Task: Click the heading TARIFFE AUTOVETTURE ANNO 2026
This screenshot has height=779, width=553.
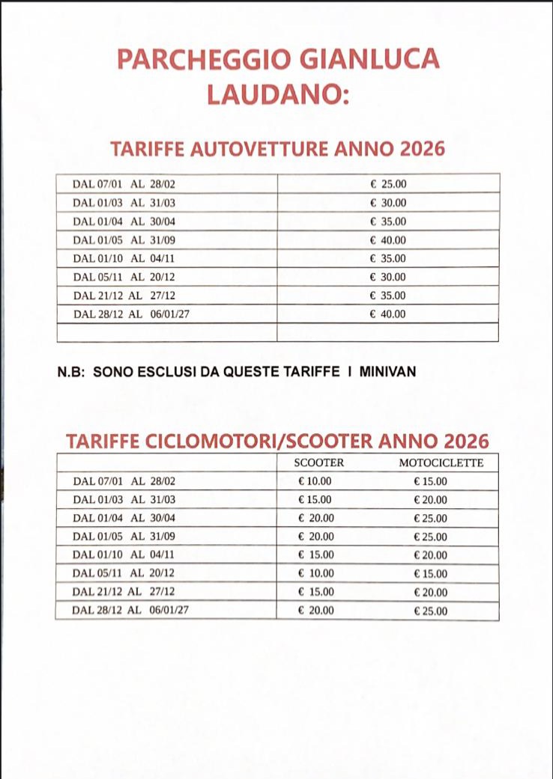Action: click(277, 148)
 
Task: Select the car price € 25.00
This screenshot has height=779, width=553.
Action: click(388, 184)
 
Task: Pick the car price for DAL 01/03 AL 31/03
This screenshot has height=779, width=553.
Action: click(388, 203)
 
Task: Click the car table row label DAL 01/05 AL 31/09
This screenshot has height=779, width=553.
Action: click(124, 240)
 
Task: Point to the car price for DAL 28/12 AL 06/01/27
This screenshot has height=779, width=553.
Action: click(388, 314)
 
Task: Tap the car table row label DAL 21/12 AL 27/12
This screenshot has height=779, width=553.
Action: click(124, 296)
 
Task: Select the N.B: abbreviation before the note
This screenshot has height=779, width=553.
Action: click(72, 371)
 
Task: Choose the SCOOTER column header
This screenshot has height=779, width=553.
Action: click(319, 463)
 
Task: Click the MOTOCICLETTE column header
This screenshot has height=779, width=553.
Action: click(441, 463)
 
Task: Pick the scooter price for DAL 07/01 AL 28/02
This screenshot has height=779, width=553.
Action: click(315, 481)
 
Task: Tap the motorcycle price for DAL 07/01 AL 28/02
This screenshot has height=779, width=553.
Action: click(430, 482)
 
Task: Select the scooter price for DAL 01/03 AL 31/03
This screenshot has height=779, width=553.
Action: click(315, 499)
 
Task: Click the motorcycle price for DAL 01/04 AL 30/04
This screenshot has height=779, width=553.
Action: click(430, 519)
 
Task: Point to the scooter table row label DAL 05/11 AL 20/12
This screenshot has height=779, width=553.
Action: click(124, 573)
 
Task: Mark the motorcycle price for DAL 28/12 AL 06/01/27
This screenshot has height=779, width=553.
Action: click(430, 611)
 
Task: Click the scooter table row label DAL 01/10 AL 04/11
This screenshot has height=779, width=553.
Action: click(124, 555)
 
